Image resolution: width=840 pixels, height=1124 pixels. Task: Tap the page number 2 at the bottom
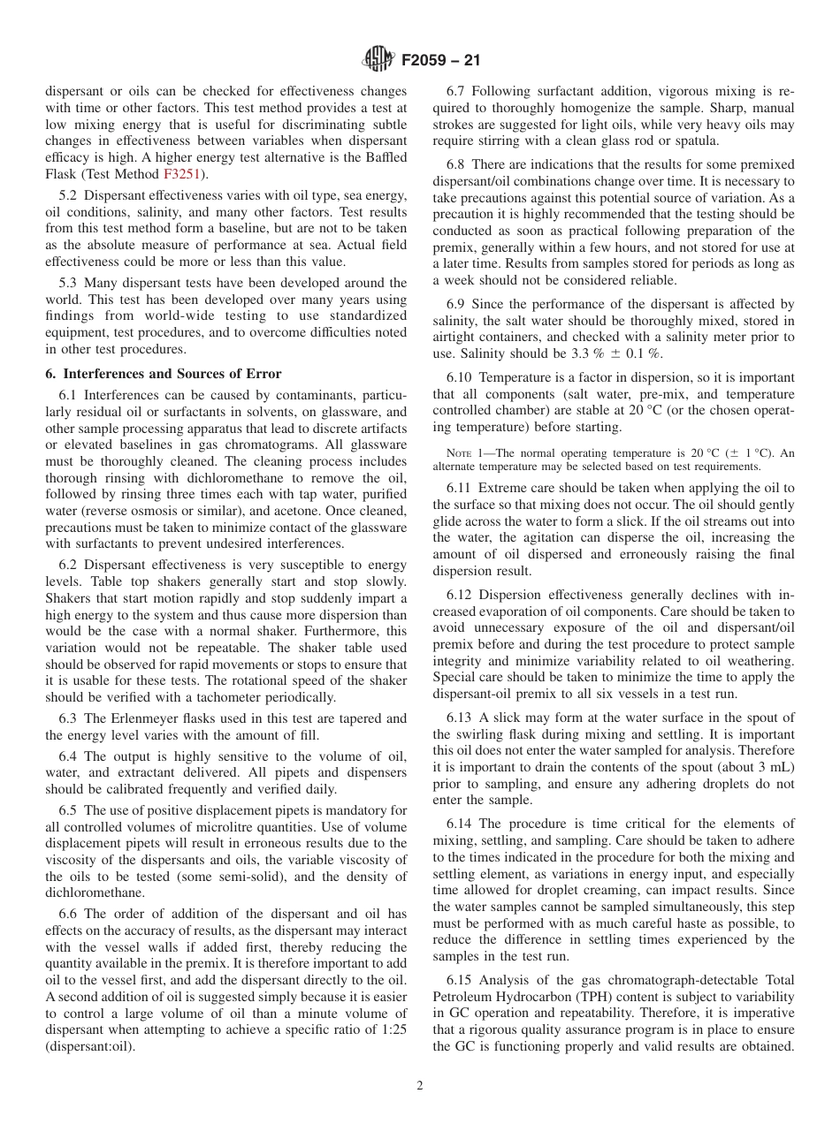[420, 1086]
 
